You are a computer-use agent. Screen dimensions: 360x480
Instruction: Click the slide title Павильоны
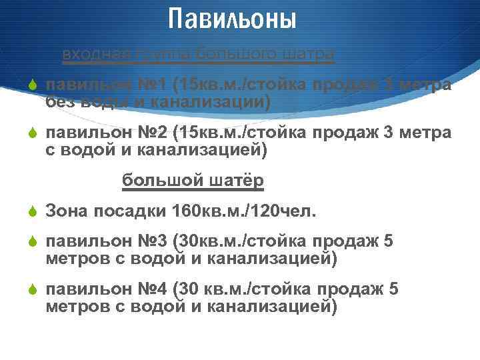pyautogui.click(x=231, y=19)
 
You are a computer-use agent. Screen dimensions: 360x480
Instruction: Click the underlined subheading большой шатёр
pyautogui.click(x=193, y=181)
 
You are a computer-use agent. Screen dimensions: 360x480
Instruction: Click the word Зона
pyautogui.click(x=65, y=211)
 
